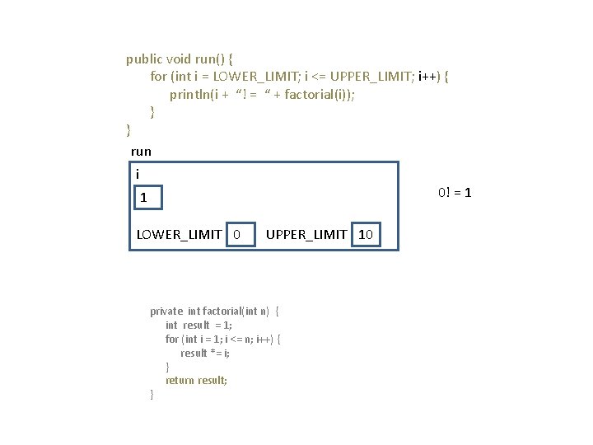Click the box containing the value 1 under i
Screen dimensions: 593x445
pyautogui.click(x=149, y=198)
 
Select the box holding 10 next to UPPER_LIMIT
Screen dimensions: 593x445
pyautogui.click(x=366, y=235)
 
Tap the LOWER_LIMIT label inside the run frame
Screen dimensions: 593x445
pyautogui.click(x=179, y=235)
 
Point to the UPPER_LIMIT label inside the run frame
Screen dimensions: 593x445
pyautogui.click(x=306, y=235)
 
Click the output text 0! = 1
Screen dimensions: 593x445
pyautogui.click(x=455, y=192)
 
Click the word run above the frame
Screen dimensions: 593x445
pyautogui.click(x=141, y=152)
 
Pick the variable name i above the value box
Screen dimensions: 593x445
pyautogui.click(x=138, y=174)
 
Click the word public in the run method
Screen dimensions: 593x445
pyautogui.click(x=144, y=59)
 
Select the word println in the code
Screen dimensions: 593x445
pyautogui.click(x=189, y=94)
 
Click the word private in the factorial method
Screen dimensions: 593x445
pyautogui.click(x=166, y=311)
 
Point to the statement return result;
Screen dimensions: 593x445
pyautogui.click(x=196, y=381)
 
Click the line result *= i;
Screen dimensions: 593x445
pyautogui.click(x=205, y=353)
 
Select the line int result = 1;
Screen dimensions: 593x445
pyautogui.click(x=198, y=326)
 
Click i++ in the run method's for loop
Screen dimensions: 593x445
pyautogui.click(x=429, y=77)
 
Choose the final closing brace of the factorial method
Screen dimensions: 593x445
pyautogui.click(x=152, y=395)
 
